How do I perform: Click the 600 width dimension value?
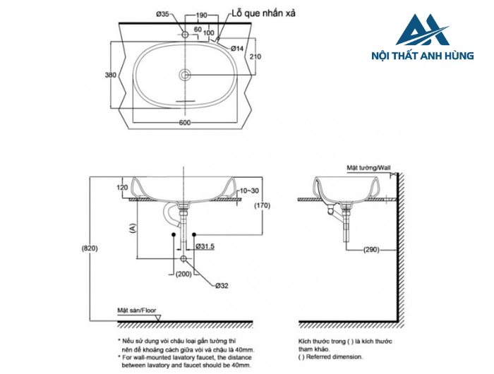[184, 123]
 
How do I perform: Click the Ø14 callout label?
[236, 48]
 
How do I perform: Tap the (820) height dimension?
[89, 248]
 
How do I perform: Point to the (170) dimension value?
[263, 206]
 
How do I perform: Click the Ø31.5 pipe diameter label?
[204, 246]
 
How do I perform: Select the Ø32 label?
[221, 286]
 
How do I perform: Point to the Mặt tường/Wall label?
[368, 169]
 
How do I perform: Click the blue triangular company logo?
[423, 31]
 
